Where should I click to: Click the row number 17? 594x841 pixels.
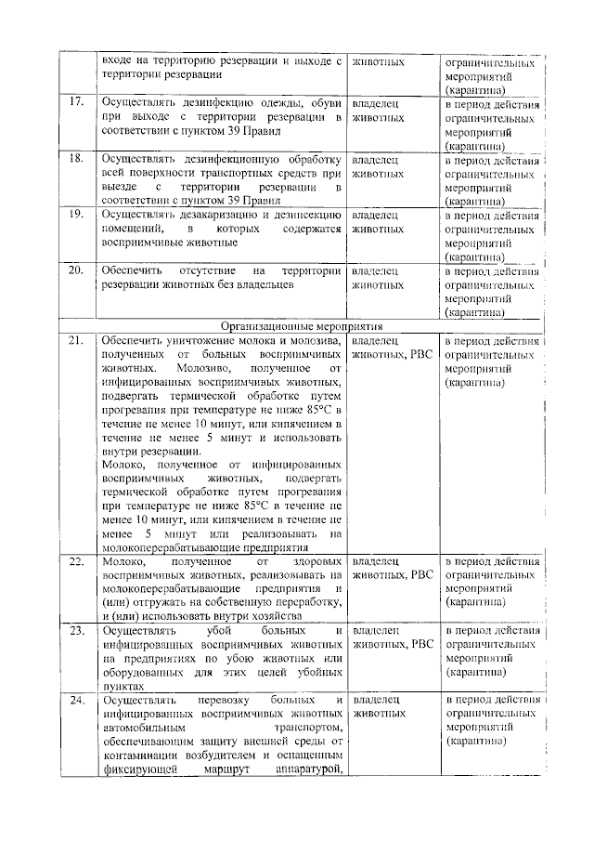[77, 101]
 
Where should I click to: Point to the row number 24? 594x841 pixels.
[77, 698]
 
